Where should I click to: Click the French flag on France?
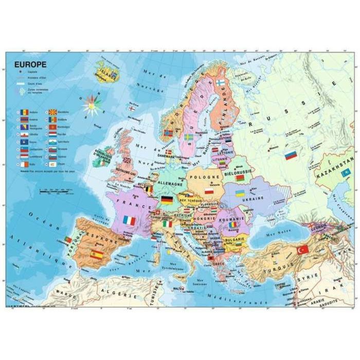130,221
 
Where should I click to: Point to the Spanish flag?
96,254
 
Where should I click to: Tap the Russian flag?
292,154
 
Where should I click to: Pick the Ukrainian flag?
240,193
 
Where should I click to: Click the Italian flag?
167,224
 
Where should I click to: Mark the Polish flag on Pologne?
209,191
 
